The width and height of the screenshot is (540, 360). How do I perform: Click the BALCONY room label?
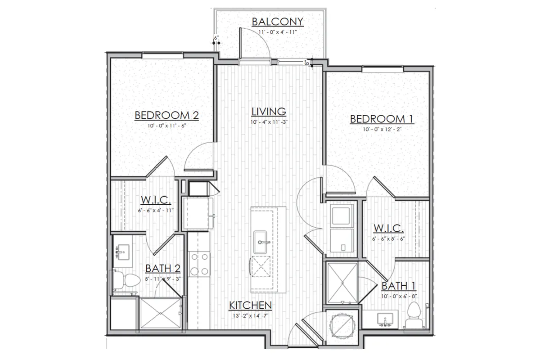pyautogui.click(x=278, y=22)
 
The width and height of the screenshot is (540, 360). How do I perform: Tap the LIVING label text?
pyautogui.click(x=269, y=112)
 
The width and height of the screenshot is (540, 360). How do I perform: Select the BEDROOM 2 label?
pyautogui.click(x=166, y=115)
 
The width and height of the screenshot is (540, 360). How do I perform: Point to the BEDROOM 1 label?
pyautogui.click(x=382, y=119)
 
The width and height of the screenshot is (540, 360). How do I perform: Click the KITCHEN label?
pyautogui.click(x=251, y=306)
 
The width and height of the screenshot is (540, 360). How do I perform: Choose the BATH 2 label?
pyautogui.click(x=163, y=268)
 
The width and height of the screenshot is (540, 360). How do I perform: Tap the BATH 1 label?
pyautogui.click(x=399, y=286)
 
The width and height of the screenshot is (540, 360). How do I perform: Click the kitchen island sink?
pyautogui.click(x=260, y=242)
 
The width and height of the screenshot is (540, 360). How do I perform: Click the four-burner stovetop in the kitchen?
pyautogui.click(x=199, y=264)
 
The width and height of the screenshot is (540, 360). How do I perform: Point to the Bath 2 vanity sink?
pyautogui.click(x=123, y=252)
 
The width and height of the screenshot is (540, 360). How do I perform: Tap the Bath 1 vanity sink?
pyautogui.click(x=385, y=319)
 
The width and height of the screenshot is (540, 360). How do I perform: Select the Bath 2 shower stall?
pyautogui.click(x=161, y=313)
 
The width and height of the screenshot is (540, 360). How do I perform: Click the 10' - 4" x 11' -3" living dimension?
pyautogui.click(x=269, y=122)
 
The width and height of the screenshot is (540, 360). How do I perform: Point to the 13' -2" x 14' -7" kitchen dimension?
pyautogui.click(x=251, y=315)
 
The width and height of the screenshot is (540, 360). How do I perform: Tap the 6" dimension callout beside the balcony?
pyautogui.click(x=216, y=38)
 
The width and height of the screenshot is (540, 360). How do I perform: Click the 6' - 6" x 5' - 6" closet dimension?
pyautogui.click(x=389, y=238)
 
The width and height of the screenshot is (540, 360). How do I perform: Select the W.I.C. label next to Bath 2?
pyautogui.click(x=156, y=200)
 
